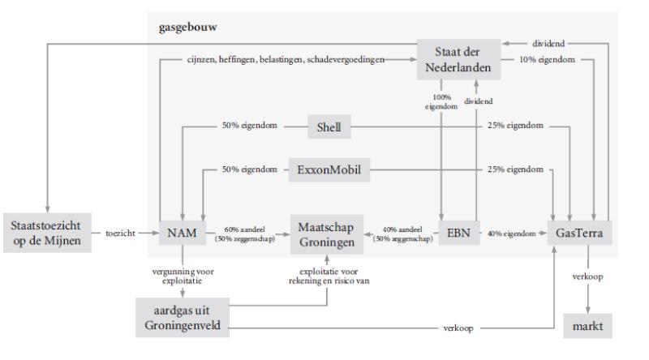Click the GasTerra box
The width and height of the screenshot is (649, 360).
tap(584, 233)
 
